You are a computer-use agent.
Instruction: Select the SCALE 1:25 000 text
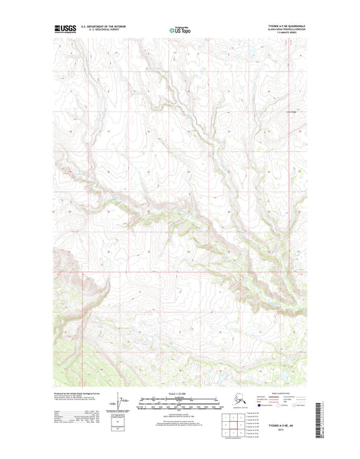pyautogui.click(x=180, y=393)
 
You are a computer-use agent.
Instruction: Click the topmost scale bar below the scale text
pyautogui.click(x=180, y=398)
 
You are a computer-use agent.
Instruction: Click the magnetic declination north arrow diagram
pyautogui.click(x=124, y=404)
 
